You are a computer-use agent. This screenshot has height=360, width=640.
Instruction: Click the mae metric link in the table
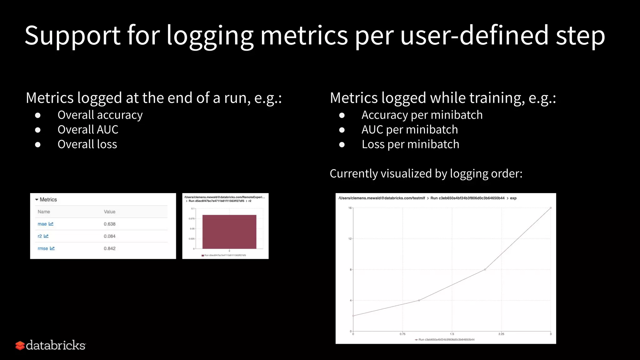click(42, 224)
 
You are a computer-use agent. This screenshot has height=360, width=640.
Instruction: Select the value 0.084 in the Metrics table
click(109, 236)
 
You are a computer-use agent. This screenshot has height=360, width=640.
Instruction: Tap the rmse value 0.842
click(109, 248)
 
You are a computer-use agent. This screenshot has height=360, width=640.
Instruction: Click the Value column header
click(109, 212)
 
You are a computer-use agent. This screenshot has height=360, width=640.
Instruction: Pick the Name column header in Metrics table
click(44, 212)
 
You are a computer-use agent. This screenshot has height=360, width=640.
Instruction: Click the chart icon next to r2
click(46, 236)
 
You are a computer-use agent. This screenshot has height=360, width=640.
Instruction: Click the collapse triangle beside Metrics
click(37, 200)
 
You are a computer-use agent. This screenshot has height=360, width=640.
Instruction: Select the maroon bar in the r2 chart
click(229, 232)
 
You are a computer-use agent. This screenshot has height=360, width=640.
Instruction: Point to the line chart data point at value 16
click(551, 208)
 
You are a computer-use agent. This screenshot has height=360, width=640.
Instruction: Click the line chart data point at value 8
click(485, 269)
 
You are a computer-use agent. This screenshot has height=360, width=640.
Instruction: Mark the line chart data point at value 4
click(419, 300)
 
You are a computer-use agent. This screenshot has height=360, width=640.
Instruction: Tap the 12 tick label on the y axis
click(350, 239)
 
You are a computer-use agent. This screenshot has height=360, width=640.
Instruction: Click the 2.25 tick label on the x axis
click(501, 334)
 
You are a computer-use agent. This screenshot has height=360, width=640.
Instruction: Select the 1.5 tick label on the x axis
click(452, 334)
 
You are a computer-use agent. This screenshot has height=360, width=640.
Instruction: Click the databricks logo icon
click(20, 345)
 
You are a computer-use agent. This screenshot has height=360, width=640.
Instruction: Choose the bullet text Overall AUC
click(88, 130)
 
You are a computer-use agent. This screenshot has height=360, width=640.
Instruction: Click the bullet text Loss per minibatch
click(410, 144)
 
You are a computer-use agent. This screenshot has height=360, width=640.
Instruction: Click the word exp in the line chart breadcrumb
click(513, 198)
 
